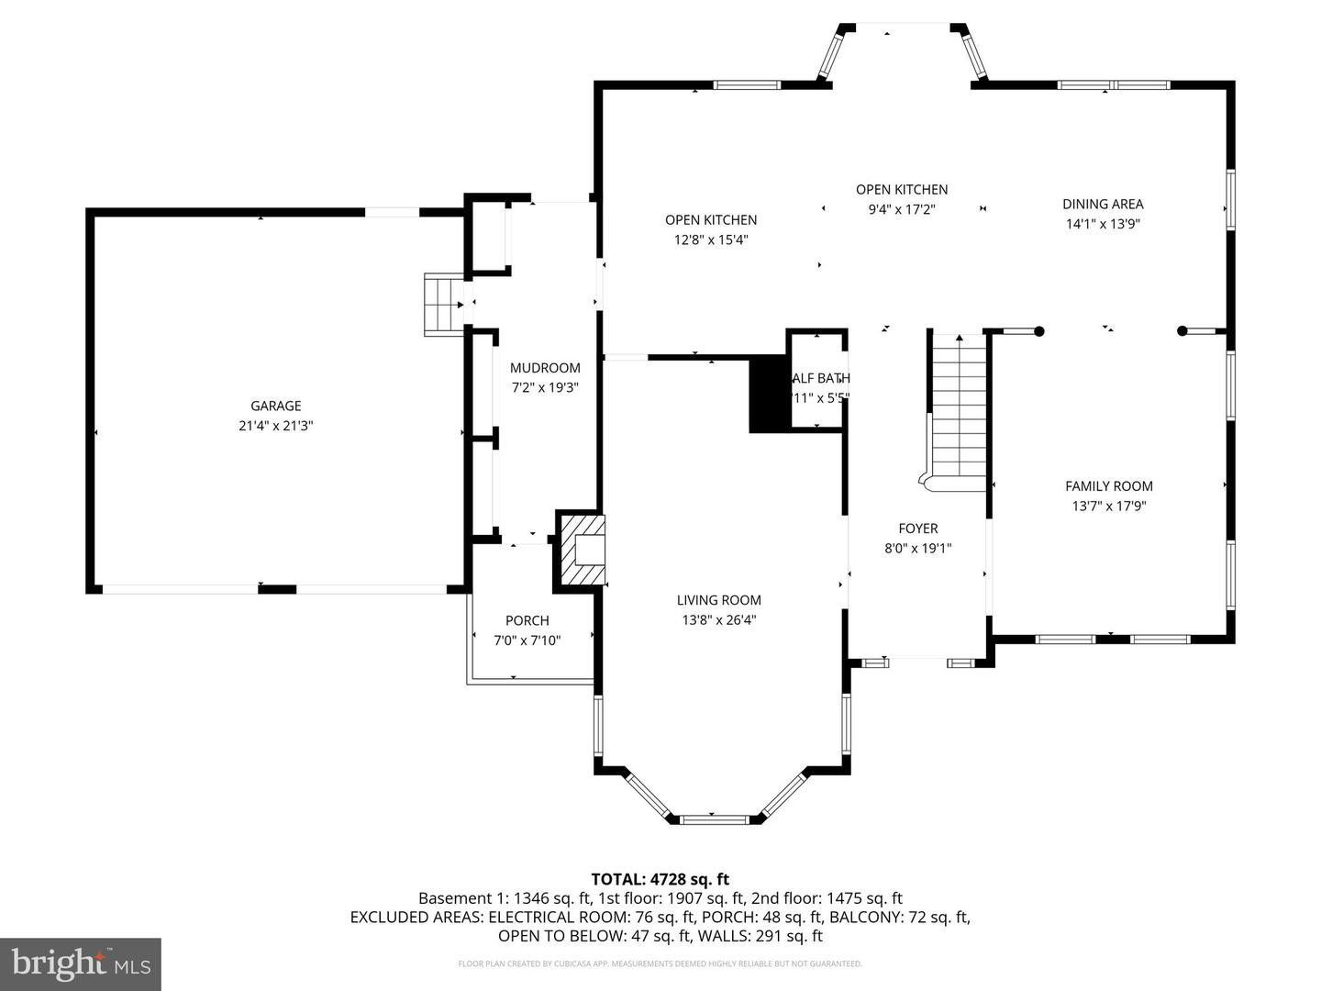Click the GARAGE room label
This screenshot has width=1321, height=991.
pos(276,406)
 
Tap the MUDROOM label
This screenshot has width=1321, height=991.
pos(545,368)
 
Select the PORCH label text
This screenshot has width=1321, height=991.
pos(527,620)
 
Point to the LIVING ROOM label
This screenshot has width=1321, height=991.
pos(719,600)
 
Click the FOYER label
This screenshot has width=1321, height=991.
pos(917,529)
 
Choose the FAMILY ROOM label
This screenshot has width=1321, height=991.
pos(1108,486)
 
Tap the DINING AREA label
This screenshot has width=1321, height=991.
pos(1103,204)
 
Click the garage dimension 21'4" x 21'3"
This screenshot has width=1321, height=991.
pos(276,426)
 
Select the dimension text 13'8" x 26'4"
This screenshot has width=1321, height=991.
pos(719,620)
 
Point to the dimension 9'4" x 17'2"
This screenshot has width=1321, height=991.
pos(902,209)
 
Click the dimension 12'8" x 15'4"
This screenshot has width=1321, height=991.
pos(711,239)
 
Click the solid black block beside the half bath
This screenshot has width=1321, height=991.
pos(769,395)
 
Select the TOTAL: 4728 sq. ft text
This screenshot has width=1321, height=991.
pos(660,879)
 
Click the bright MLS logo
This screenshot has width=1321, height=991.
pos(81,963)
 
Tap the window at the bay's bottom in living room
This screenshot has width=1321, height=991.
pos(716,816)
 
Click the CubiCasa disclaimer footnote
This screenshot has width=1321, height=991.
pos(660,963)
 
